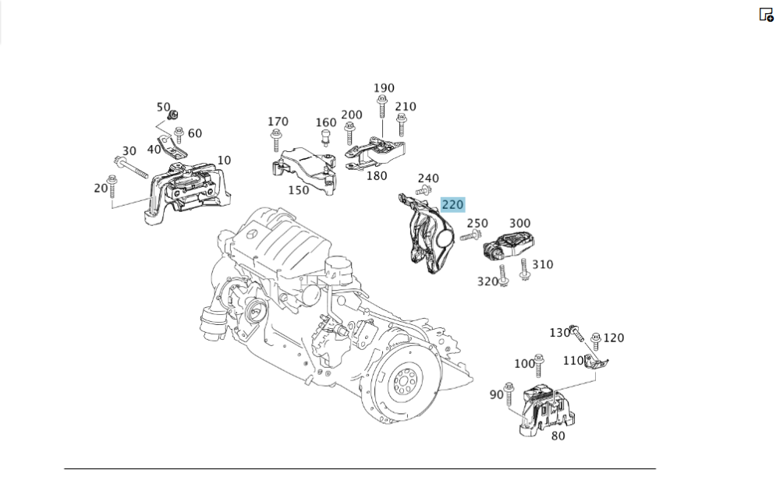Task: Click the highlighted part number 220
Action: pyautogui.click(x=452, y=205)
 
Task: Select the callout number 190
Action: pyautogui.click(x=384, y=88)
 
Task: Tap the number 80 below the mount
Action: pyautogui.click(x=558, y=436)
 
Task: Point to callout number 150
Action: pyautogui.click(x=299, y=189)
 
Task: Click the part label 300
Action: pyautogui.click(x=519, y=224)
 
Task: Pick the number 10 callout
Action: pyautogui.click(x=224, y=160)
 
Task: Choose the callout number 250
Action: pyautogui.click(x=477, y=224)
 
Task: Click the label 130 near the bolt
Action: pyautogui.click(x=559, y=333)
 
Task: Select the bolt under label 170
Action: pyautogui.click(x=275, y=140)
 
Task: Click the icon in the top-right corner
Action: pyautogui.click(x=765, y=14)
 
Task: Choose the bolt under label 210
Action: pyautogui.click(x=402, y=125)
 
